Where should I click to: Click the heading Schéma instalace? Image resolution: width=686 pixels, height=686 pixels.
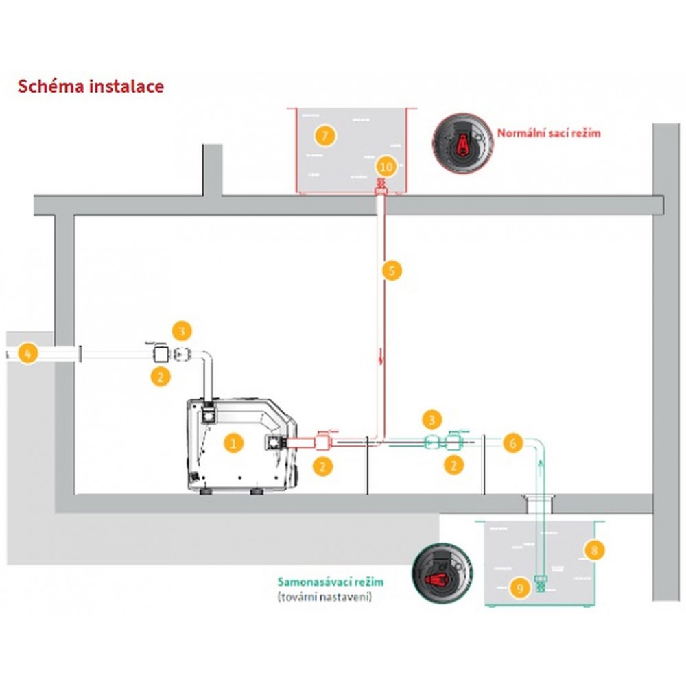pyautogui.click(x=91, y=86)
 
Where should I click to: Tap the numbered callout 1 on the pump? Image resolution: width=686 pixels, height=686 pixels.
pyautogui.click(x=233, y=443)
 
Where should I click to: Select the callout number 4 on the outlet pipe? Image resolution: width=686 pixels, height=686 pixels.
pyautogui.click(x=28, y=353)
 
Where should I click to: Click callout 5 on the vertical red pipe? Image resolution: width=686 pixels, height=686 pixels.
pyautogui.click(x=392, y=270)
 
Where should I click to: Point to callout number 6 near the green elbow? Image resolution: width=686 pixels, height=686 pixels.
pyautogui.click(x=512, y=443)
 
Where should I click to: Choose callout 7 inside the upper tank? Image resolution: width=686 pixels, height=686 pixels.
pyautogui.click(x=324, y=136)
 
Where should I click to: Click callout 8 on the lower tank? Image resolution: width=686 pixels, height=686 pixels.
pyautogui.click(x=594, y=550)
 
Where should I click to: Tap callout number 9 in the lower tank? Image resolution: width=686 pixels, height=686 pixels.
pyautogui.click(x=520, y=588)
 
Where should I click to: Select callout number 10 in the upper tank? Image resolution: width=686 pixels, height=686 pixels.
pyautogui.click(x=387, y=167)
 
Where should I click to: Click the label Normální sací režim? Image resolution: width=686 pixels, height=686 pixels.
pyautogui.click(x=549, y=132)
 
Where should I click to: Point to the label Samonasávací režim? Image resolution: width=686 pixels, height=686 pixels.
pyautogui.click(x=331, y=582)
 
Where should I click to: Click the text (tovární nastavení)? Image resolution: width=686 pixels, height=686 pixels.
pyautogui.click(x=324, y=597)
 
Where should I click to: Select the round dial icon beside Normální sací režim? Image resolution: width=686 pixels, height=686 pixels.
pyautogui.click(x=462, y=143)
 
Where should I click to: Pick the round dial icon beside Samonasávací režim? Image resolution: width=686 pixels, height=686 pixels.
pyautogui.click(x=442, y=574)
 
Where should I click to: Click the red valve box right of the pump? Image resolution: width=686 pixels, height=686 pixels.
pyautogui.click(x=323, y=442)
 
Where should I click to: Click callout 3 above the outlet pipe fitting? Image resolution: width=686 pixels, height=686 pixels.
pyautogui.click(x=182, y=331)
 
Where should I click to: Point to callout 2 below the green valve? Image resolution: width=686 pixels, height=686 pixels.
pyautogui.click(x=453, y=464)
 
